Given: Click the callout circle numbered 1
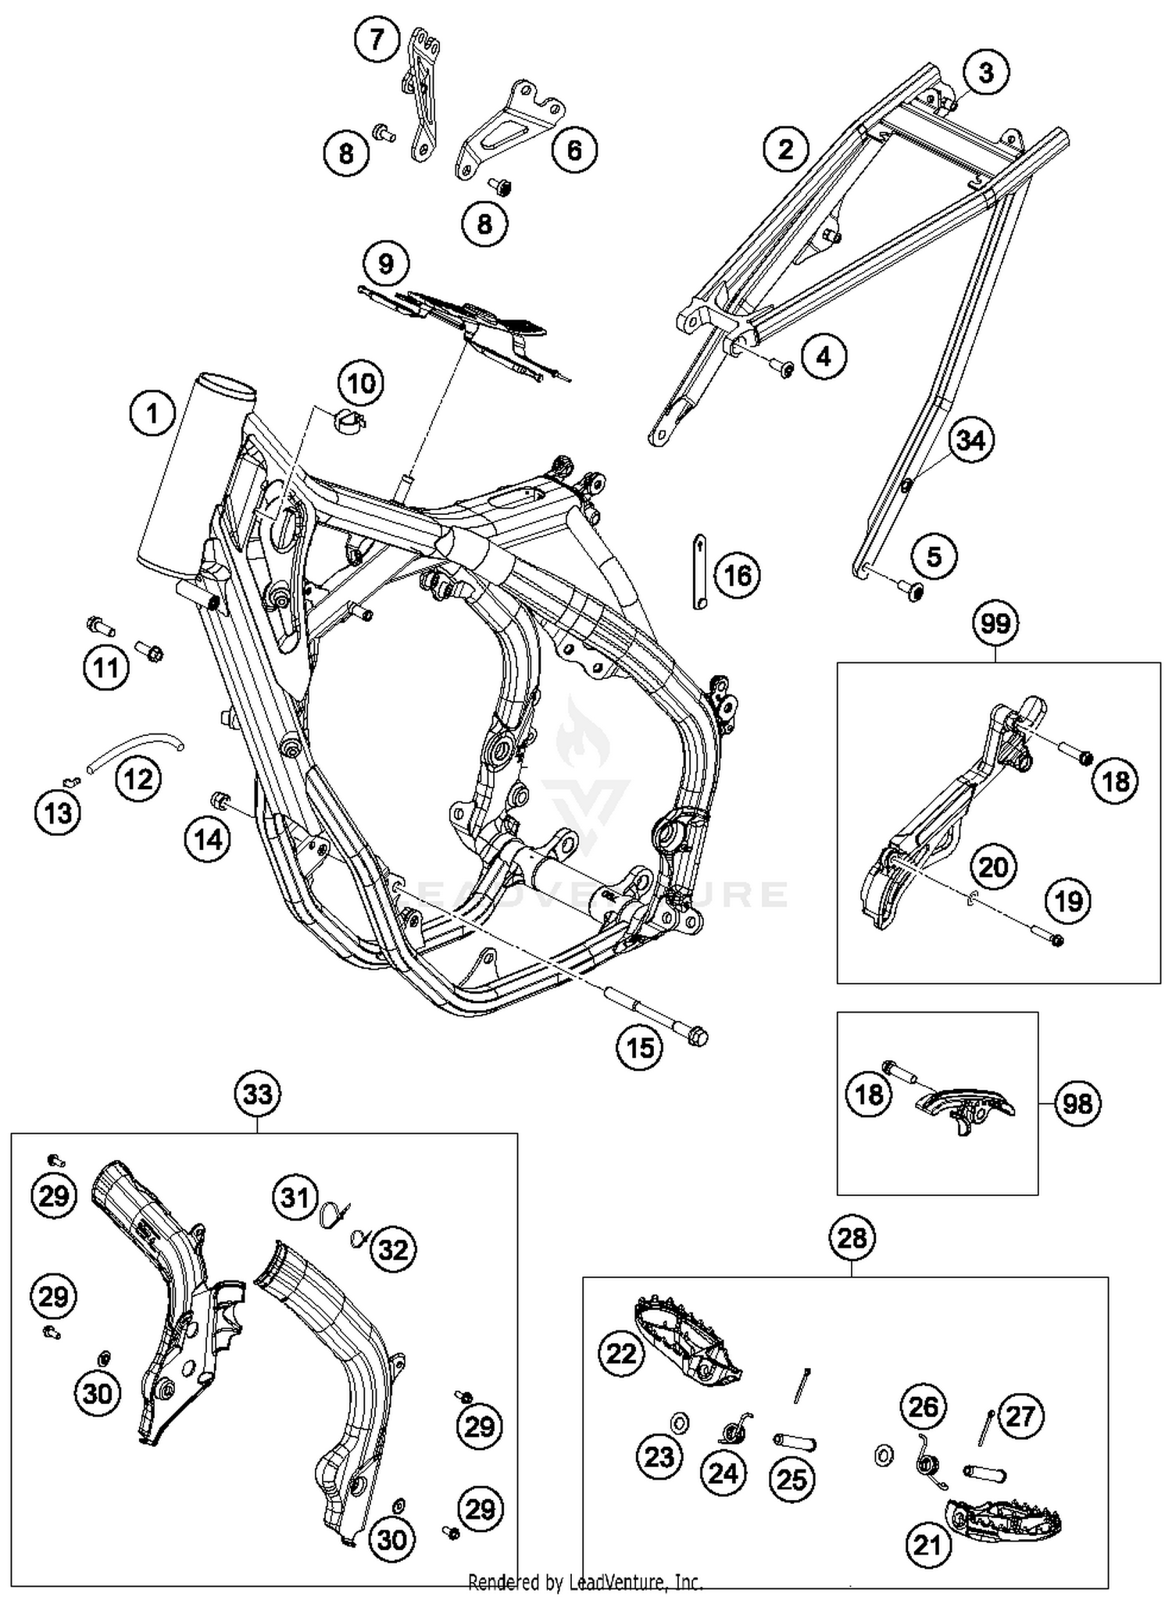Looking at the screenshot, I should pyautogui.click(x=152, y=412).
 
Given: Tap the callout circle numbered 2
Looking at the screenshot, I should pyautogui.click(x=785, y=148).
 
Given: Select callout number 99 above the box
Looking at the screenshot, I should pyautogui.click(x=995, y=623).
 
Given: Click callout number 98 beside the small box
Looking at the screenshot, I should pyautogui.click(x=1077, y=1104).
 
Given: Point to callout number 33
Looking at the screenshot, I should pyautogui.click(x=258, y=1095).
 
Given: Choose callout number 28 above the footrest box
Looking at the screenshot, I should pyautogui.click(x=852, y=1237).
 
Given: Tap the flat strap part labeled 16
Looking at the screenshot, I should pyautogui.click(x=700, y=571).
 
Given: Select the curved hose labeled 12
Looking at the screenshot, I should pyautogui.click(x=133, y=751).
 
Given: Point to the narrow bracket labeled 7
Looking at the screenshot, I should pyautogui.click(x=422, y=94).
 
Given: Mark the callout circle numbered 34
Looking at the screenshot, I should pyautogui.click(x=970, y=440).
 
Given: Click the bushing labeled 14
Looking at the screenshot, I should pyautogui.click(x=221, y=800).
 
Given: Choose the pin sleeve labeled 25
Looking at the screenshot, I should pyautogui.click(x=795, y=1442).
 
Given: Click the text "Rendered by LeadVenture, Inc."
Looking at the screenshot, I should pyautogui.click(x=585, y=1583).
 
